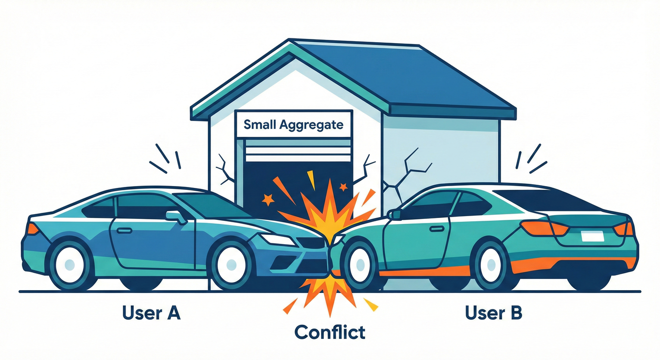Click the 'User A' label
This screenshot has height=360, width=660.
tap(151, 313)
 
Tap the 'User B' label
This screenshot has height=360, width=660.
tap(494, 313)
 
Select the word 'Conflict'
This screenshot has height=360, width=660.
tap(330, 332)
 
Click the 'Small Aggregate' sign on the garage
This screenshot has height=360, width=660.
tap(293, 125)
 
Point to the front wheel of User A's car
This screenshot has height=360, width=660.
tap(231, 263)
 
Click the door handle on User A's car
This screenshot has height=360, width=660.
tap(124, 230)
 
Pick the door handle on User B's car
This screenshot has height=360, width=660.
tap(437, 229)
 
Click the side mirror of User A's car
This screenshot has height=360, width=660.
tap(176, 217)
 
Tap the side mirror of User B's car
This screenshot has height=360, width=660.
tap(395, 215)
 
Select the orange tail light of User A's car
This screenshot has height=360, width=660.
tap(32, 229)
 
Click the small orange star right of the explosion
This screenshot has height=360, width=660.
tap(343, 187)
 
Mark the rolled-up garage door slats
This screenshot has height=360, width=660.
tap(298, 150)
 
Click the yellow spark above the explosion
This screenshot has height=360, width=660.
tap(311, 180)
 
